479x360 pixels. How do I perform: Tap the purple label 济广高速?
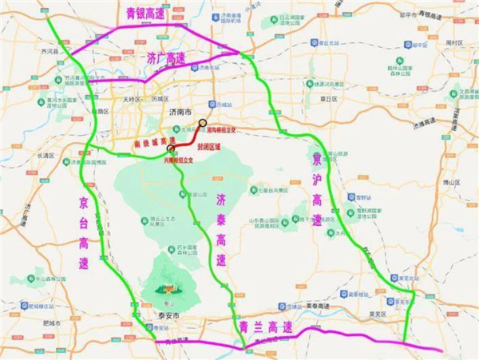click(x=166, y=58)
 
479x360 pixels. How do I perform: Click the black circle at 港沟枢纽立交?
click(x=202, y=123)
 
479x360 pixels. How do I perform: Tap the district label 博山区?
click(x=452, y=182)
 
